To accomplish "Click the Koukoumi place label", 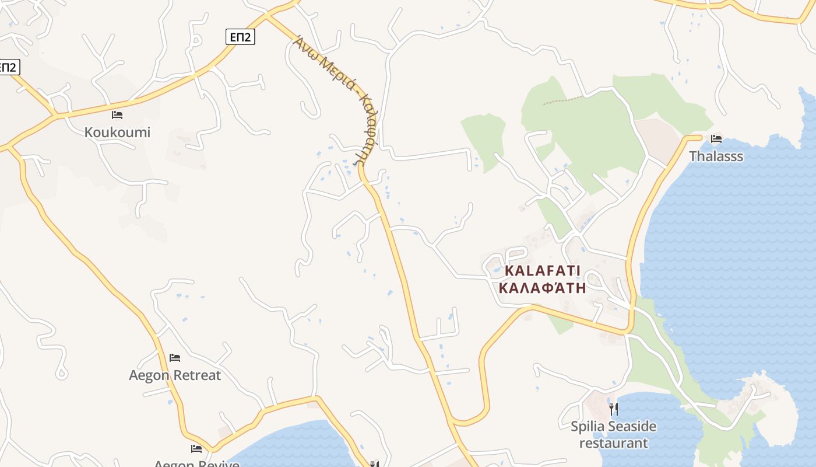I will point(117,133).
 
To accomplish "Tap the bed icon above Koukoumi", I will point(117,114).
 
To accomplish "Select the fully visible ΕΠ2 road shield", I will point(240,37).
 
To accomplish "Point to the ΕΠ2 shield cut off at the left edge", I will point(8,67).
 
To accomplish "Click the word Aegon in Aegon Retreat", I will point(149,375).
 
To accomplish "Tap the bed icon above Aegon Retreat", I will point(174,357).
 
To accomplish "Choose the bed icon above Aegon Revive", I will point(196,448).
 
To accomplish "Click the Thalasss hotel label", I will point(716,156).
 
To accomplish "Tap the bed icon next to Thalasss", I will point(716,138).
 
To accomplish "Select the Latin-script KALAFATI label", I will point(543,271).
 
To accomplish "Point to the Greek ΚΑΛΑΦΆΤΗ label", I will point(543,288).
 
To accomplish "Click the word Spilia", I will point(588,427).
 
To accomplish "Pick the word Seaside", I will point(632,427).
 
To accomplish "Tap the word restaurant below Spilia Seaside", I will point(613,443).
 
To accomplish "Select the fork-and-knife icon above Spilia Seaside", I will point(613,409).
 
